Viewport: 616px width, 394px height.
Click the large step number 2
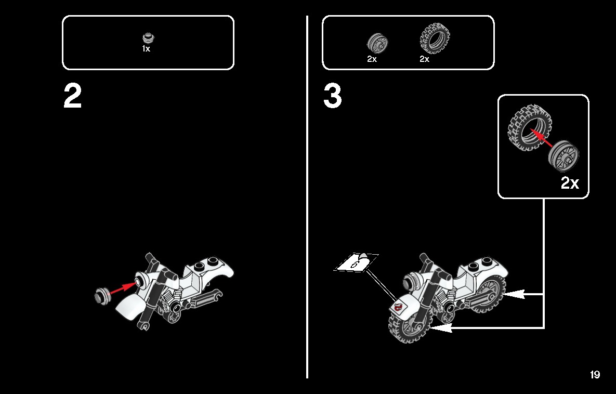(73, 96)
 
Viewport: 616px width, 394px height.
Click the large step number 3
(333, 96)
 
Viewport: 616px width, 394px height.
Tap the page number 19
(595, 375)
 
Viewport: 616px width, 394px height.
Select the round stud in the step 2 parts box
(149, 38)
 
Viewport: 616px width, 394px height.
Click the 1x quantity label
(146, 49)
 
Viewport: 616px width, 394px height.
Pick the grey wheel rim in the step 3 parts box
(377, 43)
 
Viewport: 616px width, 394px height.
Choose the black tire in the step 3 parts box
(435, 38)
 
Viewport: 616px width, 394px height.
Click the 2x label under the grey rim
(372, 59)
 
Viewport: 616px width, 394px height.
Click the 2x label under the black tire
(425, 59)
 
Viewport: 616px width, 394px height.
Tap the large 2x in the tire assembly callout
(570, 182)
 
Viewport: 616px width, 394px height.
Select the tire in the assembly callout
(530, 128)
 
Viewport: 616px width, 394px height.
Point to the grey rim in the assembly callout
(563, 156)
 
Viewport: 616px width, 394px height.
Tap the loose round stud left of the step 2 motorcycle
(101, 295)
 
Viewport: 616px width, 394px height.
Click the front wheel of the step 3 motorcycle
(409, 324)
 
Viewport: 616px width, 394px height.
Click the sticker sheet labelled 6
(356, 262)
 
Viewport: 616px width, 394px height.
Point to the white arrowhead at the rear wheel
(514, 294)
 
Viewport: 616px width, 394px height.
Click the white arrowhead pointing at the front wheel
(441, 327)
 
